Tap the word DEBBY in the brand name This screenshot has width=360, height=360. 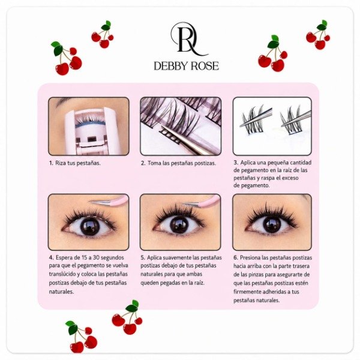point(171,66)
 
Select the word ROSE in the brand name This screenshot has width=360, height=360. point(205,66)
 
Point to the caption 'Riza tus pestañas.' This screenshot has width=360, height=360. point(78,163)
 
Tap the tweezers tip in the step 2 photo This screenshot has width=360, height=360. point(163,128)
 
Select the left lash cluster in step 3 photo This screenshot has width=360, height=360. point(255,119)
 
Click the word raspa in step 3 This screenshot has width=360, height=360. point(269,178)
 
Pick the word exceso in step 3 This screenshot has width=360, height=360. point(290,178)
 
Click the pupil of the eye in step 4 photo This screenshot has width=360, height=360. point(89,226)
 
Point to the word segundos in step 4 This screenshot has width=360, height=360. point(112,258)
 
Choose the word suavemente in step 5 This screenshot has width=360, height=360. point(174,257)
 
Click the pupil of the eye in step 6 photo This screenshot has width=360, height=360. point(272,224)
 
